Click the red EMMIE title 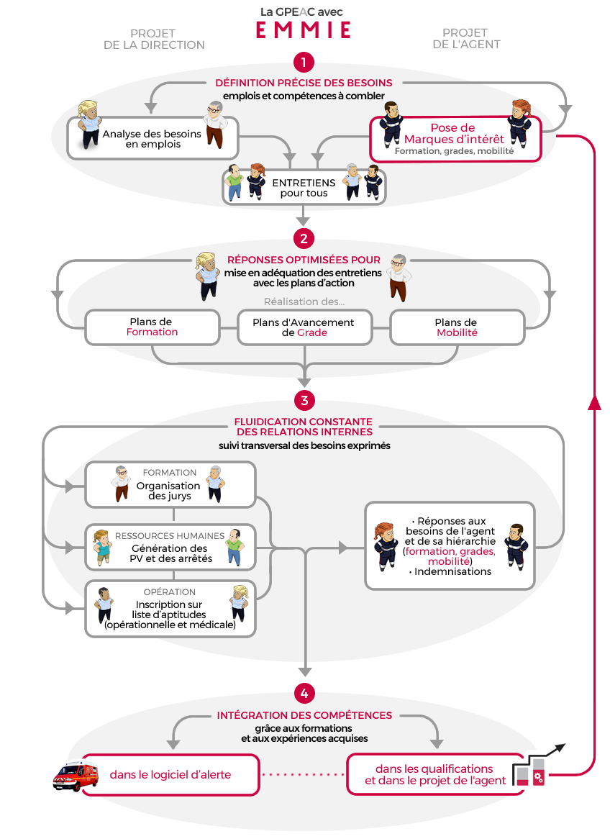click(x=304, y=30)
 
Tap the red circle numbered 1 click(x=304, y=62)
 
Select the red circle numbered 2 click(x=304, y=239)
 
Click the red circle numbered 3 click(x=304, y=400)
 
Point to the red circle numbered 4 click(x=304, y=694)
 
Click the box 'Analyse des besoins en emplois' click(x=152, y=139)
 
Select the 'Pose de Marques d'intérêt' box click(x=455, y=139)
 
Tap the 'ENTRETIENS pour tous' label click(x=304, y=188)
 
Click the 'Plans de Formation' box click(x=152, y=327)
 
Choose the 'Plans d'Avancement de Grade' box click(x=304, y=327)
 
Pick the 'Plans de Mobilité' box click(x=457, y=327)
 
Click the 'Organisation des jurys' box click(x=170, y=485)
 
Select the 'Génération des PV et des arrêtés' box click(x=170, y=548)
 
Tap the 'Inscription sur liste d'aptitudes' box click(x=170, y=609)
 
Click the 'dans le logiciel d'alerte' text click(x=170, y=774)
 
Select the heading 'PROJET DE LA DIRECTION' click(x=154, y=39)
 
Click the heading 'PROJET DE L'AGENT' click(x=467, y=39)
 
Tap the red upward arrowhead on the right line click(x=594, y=402)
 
